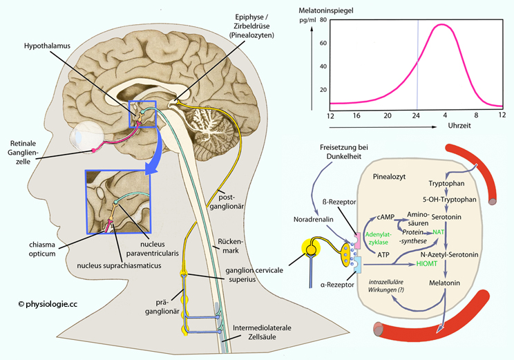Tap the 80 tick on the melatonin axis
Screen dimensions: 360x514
322,20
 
